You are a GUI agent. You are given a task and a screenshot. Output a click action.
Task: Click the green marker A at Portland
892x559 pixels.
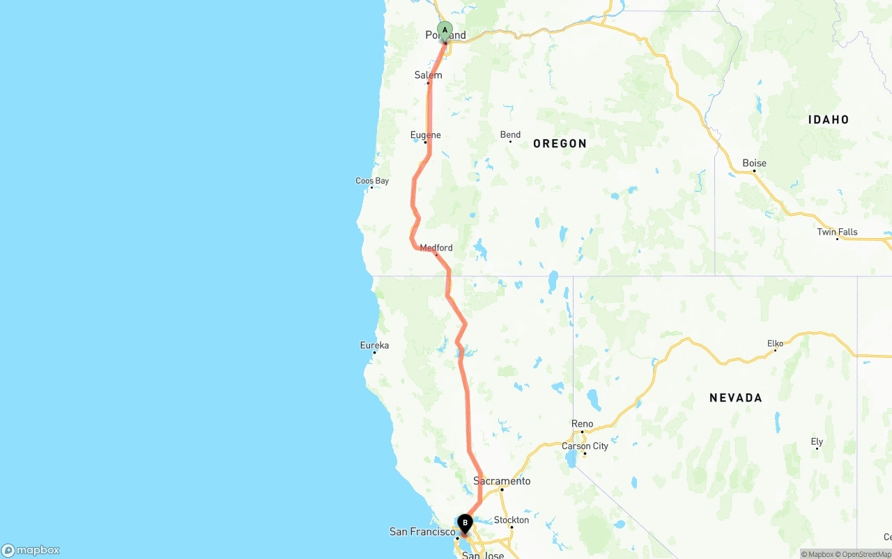coord(445,31)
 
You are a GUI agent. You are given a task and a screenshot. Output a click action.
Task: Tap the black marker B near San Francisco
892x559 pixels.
coord(465,523)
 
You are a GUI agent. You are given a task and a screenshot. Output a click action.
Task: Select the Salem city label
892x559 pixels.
coord(428,75)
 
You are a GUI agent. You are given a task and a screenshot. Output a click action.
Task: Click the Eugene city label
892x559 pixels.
coord(425,135)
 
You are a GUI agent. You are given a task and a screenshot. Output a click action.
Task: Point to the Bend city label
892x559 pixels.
coord(510,134)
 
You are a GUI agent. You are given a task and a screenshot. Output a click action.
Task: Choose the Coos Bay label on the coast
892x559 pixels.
coord(372,181)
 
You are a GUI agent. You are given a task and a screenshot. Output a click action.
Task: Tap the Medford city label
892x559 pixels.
coord(436,248)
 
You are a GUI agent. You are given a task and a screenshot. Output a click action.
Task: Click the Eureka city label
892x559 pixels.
coord(374,345)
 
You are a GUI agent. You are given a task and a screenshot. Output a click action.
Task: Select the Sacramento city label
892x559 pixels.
coord(502,481)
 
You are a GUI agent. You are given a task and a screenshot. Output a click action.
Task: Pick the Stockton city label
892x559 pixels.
coord(512,520)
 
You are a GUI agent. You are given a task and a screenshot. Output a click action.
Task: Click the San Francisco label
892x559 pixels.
coord(422,532)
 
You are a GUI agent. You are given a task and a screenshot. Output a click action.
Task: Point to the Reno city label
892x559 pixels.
coord(582,424)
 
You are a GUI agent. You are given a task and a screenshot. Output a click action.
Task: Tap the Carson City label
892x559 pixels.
coord(585,446)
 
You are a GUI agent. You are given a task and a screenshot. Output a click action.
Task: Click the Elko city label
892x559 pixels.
coord(775,343)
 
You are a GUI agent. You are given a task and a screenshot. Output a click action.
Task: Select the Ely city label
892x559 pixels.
coord(817,441)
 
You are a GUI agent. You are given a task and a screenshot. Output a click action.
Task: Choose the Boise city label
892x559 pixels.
coord(754,164)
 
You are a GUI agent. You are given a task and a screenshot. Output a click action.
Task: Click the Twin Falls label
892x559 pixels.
coord(837,232)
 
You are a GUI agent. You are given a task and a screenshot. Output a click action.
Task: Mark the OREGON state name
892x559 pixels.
coord(560,143)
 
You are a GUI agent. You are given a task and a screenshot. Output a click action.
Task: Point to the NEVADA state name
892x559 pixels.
coord(735,397)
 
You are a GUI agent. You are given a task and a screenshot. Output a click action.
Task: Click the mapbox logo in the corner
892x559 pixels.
coord(31,550)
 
